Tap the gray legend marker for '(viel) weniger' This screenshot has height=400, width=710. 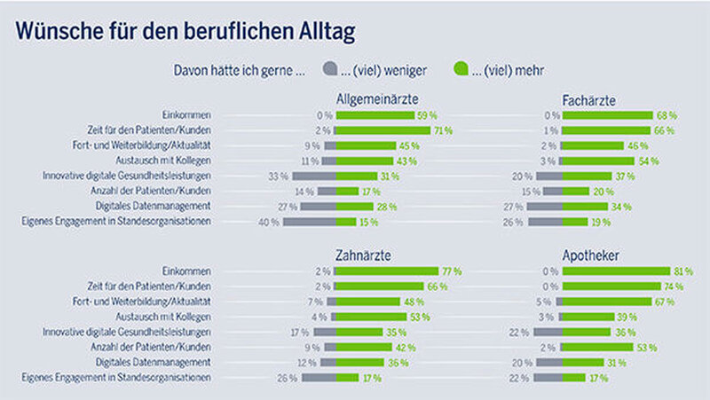coord(330,67)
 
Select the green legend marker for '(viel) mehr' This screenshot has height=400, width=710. coord(461,67)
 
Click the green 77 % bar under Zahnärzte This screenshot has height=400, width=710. coord(388,271)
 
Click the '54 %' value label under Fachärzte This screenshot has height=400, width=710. coord(649,161)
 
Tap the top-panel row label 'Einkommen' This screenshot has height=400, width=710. coord(186,115)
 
